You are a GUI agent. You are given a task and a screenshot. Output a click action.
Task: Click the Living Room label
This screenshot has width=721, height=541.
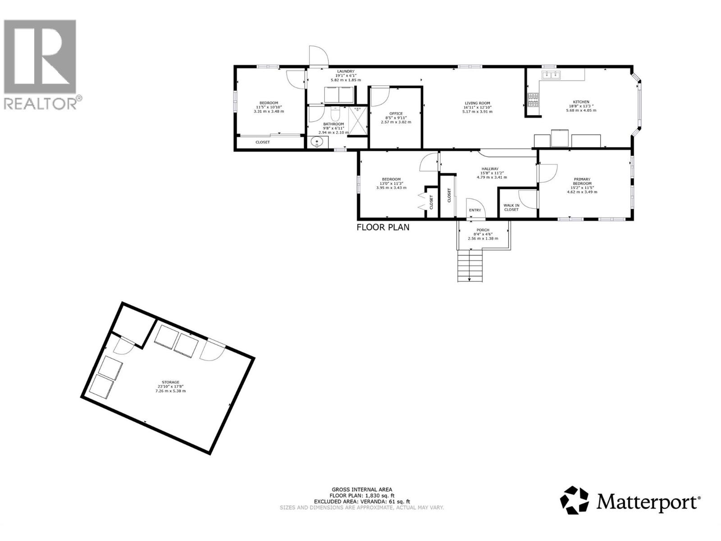click(x=477, y=103)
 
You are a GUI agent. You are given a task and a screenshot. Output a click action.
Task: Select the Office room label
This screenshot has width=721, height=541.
click(x=396, y=114)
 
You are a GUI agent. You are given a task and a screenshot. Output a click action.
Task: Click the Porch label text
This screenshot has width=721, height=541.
click(x=483, y=230)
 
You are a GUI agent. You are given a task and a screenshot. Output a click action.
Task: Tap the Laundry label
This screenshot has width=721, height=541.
click(x=346, y=71)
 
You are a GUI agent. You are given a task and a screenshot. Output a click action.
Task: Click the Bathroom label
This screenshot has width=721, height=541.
click(x=333, y=124)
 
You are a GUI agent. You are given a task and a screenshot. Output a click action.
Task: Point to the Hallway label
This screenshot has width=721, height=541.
click(x=490, y=169)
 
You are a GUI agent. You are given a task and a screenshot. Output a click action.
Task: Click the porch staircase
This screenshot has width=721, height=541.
click(x=470, y=266)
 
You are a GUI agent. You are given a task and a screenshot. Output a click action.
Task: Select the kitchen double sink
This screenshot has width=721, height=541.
click(x=551, y=75)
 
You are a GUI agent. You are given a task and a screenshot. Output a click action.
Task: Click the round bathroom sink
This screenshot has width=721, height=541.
click(x=317, y=143)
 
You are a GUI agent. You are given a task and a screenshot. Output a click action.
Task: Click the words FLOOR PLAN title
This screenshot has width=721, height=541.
click(x=383, y=227)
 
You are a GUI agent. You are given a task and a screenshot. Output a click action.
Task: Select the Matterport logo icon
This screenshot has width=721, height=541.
click(x=574, y=500)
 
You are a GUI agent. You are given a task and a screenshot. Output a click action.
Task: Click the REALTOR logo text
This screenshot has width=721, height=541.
click(x=41, y=103)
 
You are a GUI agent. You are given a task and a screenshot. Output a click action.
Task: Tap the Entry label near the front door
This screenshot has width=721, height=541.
click(x=475, y=210)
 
